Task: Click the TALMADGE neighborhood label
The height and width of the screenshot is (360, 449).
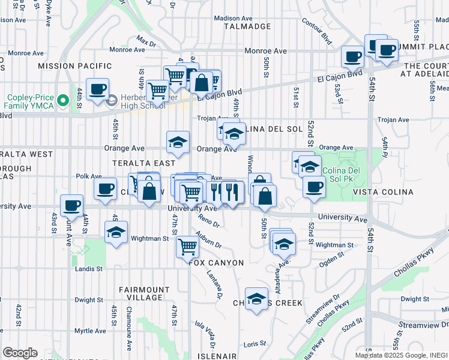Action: [x=248, y=26]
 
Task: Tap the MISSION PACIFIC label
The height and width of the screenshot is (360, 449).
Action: [x=74, y=66]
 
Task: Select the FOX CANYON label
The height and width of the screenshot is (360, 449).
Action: [x=216, y=263]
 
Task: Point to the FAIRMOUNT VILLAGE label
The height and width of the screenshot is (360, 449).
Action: [x=140, y=293]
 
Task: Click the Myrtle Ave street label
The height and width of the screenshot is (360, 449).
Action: [x=90, y=331]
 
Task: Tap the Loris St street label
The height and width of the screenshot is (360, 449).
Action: [x=255, y=344]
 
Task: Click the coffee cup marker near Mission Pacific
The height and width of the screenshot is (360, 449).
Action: [x=97, y=89]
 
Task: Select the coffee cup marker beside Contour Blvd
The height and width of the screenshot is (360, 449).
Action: [x=352, y=56]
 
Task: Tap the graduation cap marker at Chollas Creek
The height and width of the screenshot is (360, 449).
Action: [x=256, y=300]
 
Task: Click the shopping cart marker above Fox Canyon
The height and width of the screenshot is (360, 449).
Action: [x=187, y=245]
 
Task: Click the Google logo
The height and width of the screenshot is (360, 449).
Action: [x=20, y=353]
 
